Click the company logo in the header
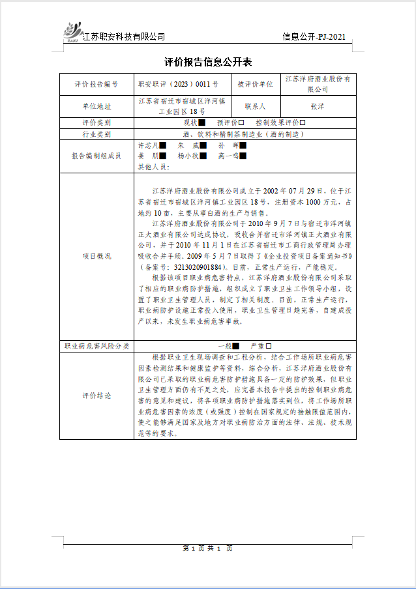72,31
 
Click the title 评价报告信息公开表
208,63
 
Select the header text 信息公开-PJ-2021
314,36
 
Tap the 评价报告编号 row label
97,85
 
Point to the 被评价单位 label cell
254,85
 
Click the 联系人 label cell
254,106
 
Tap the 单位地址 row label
97,106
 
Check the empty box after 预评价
241,122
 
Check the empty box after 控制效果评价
302,122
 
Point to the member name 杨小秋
189,156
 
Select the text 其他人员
154,166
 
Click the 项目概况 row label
97,256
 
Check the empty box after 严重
268,346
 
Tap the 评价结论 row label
97,395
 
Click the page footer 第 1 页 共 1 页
208,547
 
